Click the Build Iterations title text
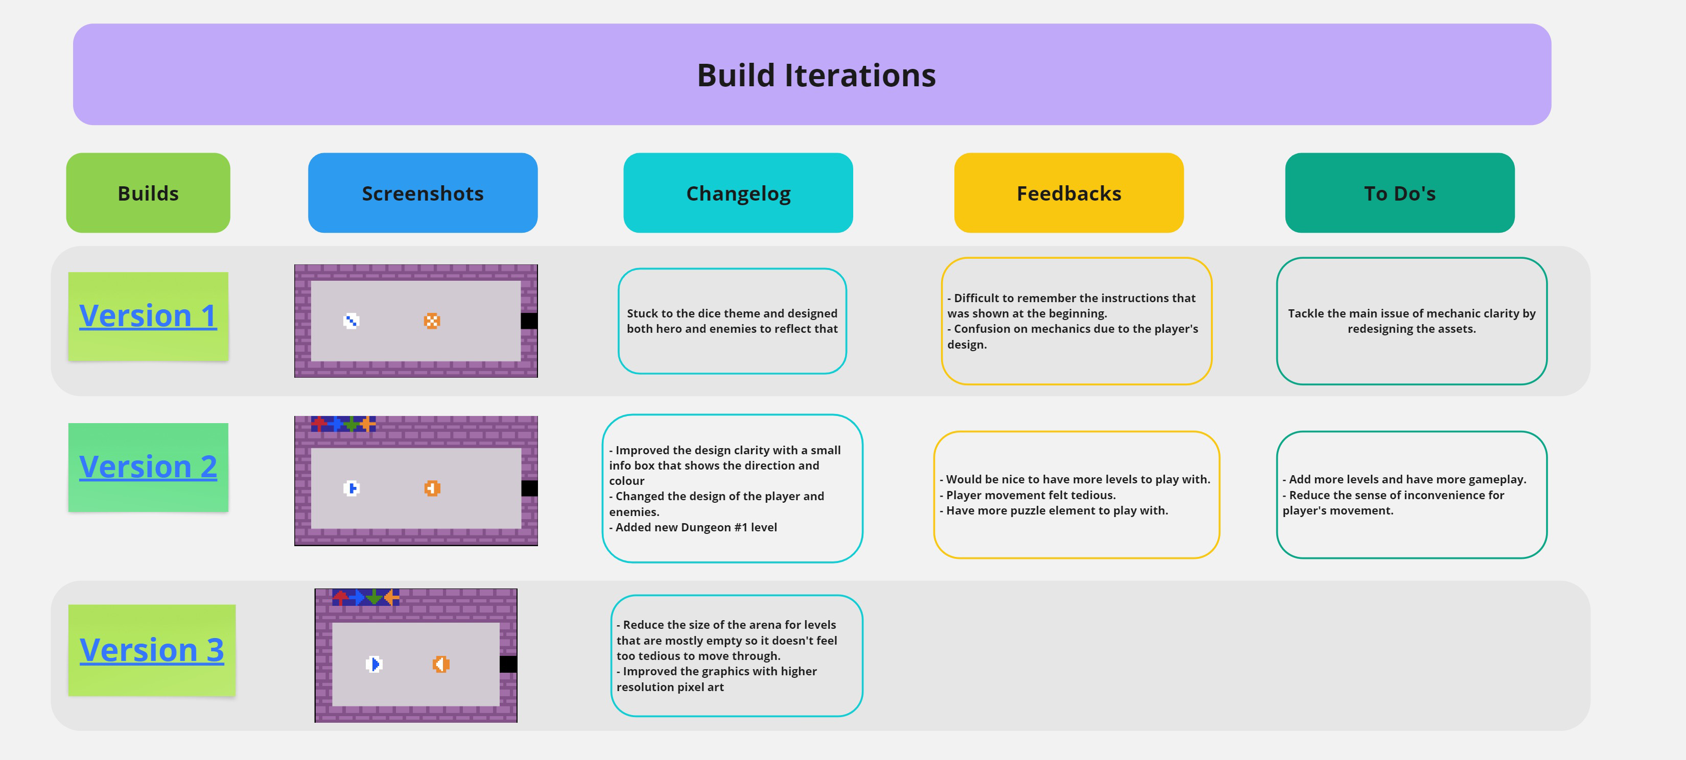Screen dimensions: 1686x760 (816, 75)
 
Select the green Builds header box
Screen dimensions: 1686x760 (148, 193)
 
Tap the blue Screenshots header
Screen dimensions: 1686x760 (423, 193)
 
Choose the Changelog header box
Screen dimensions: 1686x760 (738, 193)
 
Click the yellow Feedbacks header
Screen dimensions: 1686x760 (1069, 193)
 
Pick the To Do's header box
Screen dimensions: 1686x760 (1400, 193)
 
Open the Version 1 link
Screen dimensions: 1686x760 (148, 316)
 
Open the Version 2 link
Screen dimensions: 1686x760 (148, 467)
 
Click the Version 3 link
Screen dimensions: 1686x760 (152, 650)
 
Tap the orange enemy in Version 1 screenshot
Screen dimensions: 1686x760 (432, 321)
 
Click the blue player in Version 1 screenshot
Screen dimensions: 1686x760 (352, 321)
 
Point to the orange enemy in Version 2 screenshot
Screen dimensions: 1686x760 (432, 488)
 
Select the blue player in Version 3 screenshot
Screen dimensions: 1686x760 (373, 665)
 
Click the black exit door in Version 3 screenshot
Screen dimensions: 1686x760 (508, 665)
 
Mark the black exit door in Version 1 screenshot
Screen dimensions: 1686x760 (529, 321)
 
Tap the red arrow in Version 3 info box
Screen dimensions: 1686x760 (340, 597)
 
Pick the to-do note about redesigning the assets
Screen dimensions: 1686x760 (1412, 321)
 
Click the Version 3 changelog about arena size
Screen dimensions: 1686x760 (737, 656)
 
